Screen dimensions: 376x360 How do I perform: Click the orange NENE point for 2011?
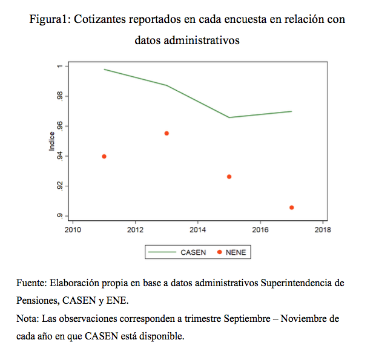pos(104,157)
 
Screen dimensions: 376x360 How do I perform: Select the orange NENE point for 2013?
pos(167,133)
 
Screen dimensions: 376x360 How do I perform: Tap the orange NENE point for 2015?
pos(229,177)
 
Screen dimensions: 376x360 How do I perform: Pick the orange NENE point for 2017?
pos(292,208)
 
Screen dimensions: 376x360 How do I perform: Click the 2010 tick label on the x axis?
pos(73,230)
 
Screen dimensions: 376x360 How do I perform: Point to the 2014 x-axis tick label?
pos(198,230)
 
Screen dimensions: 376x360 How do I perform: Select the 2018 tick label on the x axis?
pos(323,230)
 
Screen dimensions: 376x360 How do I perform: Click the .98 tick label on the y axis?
pos(60,96)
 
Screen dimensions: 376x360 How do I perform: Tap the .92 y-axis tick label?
pos(60,186)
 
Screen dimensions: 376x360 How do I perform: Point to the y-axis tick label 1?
pos(60,66)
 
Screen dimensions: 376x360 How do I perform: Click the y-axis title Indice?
pos(52,142)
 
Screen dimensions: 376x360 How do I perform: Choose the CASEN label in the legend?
pos(193,252)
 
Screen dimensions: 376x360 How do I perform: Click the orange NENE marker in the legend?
pos(219,252)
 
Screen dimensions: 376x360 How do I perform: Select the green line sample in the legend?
pos(162,252)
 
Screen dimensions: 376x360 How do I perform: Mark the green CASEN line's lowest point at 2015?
pos(229,117)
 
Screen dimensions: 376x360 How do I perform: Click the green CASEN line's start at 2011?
pos(104,69)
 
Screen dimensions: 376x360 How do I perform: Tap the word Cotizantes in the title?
pos(99,19)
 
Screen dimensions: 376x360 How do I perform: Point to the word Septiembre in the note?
pos(247,319)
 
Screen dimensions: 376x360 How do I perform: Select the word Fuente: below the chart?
pos(31,283)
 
